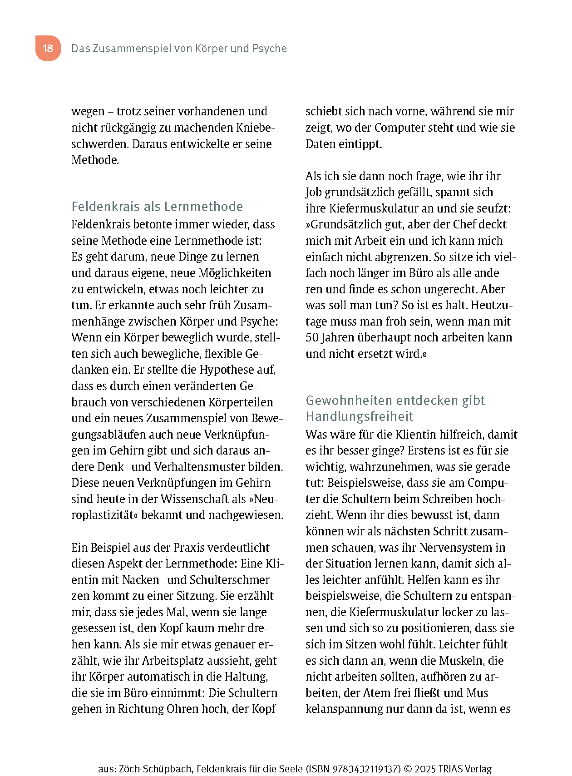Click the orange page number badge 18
pyautogui.click(x=48, y=48)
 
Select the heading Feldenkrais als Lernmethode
pyautogui.click(x=157, y=207)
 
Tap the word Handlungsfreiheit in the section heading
pyautogui.click(x=360, y=416)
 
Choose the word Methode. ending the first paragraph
pyautogui.click(x=95, y=160)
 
